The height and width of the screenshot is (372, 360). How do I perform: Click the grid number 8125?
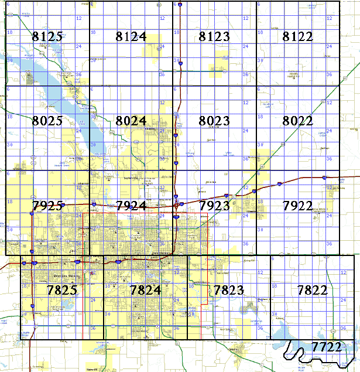click(x=47, y=37)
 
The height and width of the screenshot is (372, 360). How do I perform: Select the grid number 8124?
click(x=131, y=37)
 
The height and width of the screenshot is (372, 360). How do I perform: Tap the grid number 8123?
click(x=214, y=37)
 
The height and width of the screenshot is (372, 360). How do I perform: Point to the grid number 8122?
click(x=297, y=37)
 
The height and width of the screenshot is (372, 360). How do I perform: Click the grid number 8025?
click(x=47, y=121)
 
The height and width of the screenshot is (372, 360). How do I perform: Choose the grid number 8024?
click(x=131, y=121)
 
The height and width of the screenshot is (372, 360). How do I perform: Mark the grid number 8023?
click(x=214, y=121)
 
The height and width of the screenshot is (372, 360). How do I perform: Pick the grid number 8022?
click(x=297, y=121)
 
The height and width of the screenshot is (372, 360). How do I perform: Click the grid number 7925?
click(x=47, y=206)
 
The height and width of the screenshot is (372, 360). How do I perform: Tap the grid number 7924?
click(x=131, y=206)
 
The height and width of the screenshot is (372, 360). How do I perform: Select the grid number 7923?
click(x=214, y=206)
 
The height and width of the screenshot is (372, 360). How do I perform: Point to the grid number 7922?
click(x=297, y=206)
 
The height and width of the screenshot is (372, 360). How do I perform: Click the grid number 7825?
click(x=61, y=289)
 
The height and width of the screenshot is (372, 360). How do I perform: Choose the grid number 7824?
click(x=145, y=289)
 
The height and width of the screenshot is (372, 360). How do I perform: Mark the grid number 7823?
click(x=228, y=289)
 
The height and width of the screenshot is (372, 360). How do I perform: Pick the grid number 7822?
click(x=312, y=289)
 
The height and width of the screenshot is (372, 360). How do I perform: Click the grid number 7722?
click(x=326, y=347)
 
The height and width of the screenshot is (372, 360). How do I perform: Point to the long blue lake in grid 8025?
click(x=64, y=94)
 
